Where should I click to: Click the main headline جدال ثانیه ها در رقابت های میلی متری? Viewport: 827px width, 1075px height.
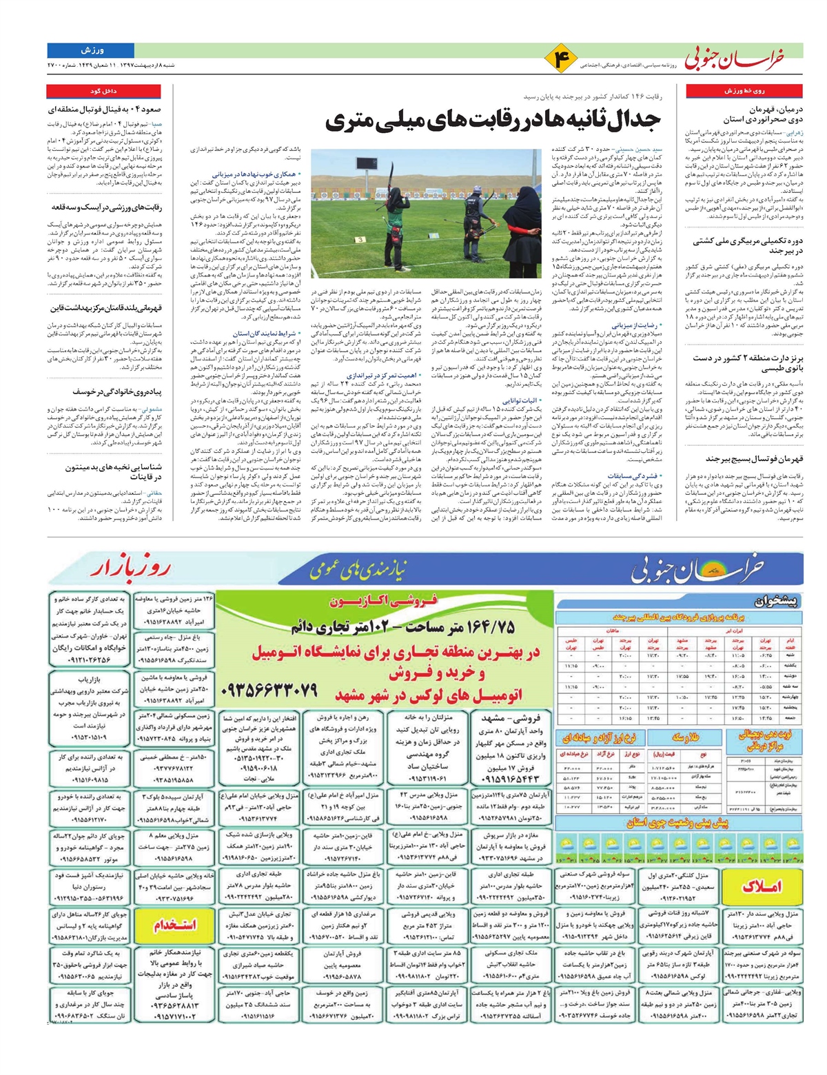pyautogui.click(x=493, y=121)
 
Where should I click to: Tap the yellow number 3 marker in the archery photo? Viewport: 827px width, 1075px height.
pyautogui.click(x=360, y=239)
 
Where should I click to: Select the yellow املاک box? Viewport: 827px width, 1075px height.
pyautogui.click(x=761, y=886)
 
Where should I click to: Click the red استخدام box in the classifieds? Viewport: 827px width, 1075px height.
pyautogui.click(x=176, y=924)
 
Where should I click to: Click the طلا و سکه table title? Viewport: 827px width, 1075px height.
pyautogui.click(x=689, y=739)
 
